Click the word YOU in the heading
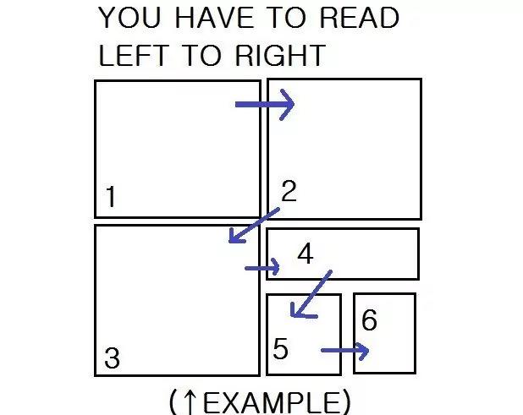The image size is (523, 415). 129,18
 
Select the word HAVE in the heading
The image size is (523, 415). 214,18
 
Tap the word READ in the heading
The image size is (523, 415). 359,18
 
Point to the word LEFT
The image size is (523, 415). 133,55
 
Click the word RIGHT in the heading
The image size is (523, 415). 280,55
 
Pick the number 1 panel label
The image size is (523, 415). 111,196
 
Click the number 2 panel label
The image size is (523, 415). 289,190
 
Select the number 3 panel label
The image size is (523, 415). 112,358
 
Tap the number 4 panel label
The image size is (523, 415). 306,254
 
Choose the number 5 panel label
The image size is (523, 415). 280,349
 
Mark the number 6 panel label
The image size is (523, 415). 369,319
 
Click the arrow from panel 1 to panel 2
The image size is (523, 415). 265,105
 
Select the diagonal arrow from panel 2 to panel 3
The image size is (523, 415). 254,226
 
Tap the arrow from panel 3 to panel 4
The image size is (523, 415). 262,267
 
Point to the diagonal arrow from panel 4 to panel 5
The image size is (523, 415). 311,294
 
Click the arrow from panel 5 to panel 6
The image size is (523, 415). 345,351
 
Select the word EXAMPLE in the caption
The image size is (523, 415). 271,402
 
